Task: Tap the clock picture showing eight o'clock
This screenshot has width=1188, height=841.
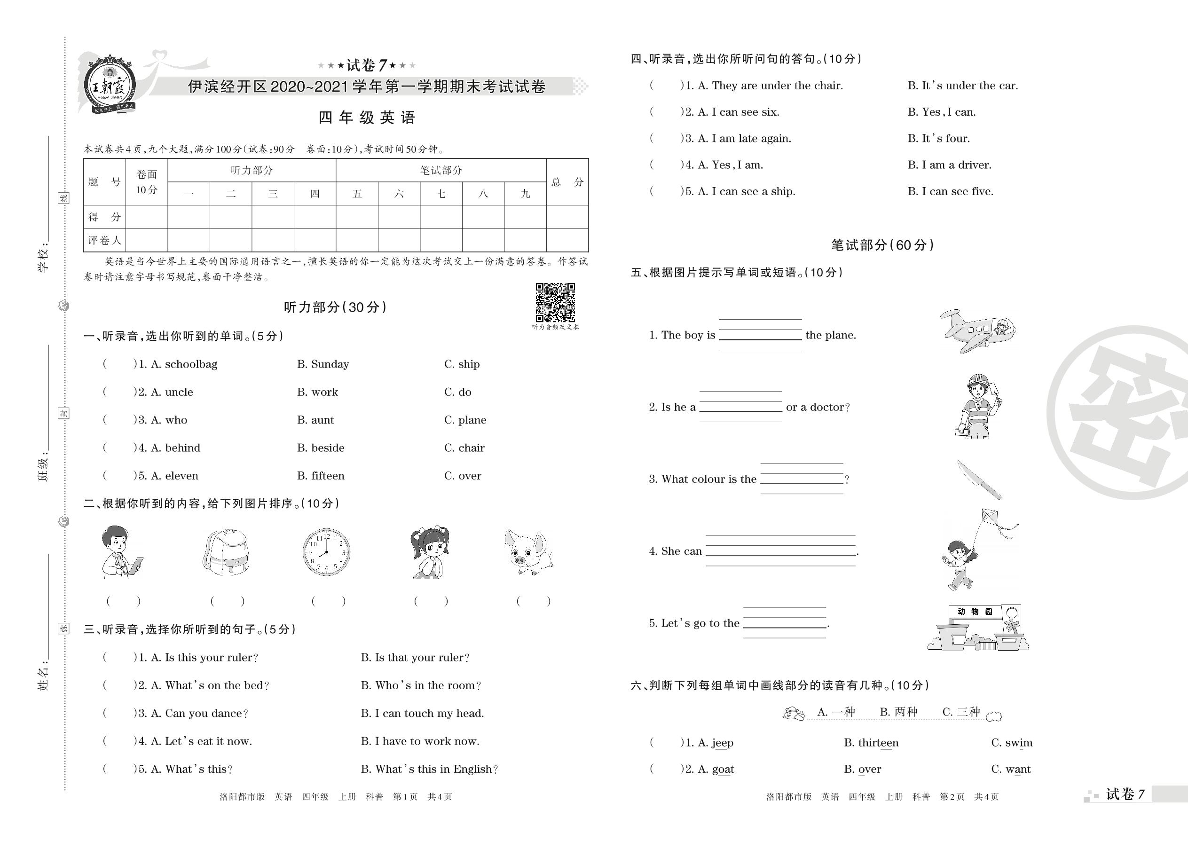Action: [326, 552]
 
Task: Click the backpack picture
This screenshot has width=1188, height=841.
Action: [226, 552]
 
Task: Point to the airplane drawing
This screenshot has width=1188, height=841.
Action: [977, 331]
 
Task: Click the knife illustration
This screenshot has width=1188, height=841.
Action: [978, 479]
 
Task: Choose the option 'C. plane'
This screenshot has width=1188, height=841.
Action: [465, 420]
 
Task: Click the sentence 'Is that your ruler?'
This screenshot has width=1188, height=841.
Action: [415, 658]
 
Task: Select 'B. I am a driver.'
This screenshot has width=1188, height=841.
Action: [949, 165]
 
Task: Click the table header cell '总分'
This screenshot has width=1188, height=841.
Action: [567, 182]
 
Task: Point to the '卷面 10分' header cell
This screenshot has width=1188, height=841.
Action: [147, 182]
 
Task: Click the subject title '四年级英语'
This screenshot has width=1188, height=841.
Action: [367, 118]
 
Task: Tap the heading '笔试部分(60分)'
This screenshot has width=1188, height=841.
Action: [882, 245]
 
